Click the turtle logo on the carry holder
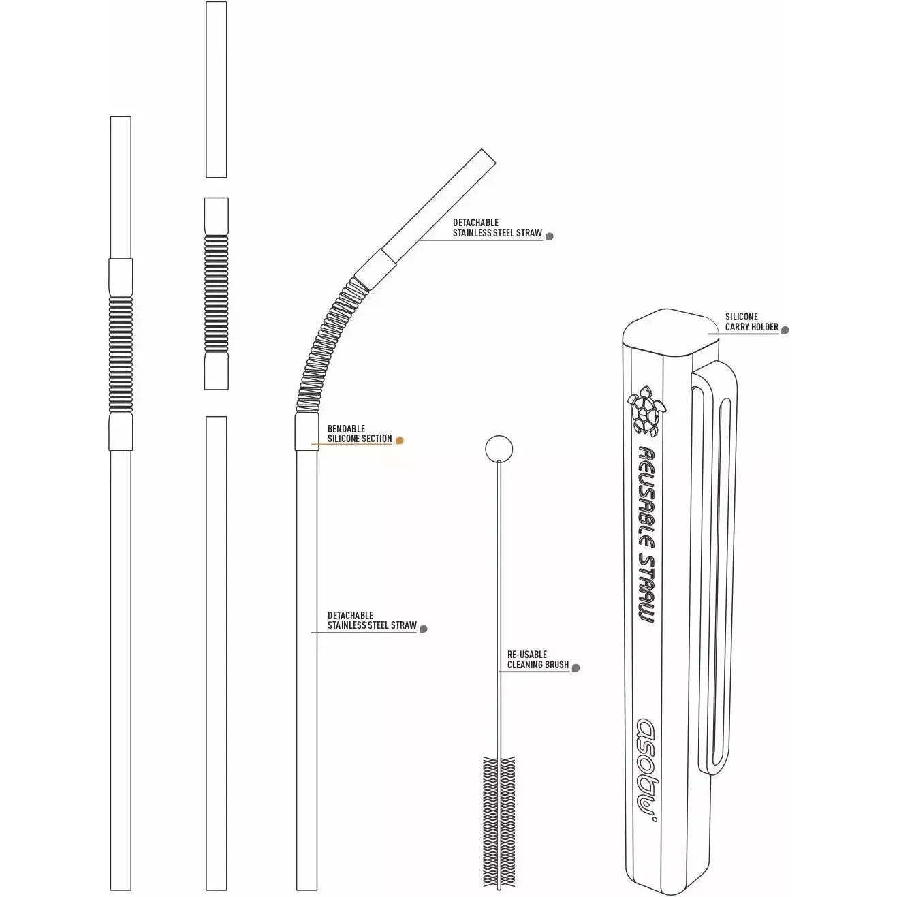(x=646, y=410)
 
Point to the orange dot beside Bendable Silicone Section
(x=399, y=440)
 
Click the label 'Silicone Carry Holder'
(x=751, y=321)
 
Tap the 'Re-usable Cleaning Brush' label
(x=538, y=659)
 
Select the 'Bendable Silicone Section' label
(x=360, y=433)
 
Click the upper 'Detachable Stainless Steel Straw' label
(x=497, y=227)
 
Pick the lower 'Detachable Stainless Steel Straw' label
(x=372, y=620)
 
